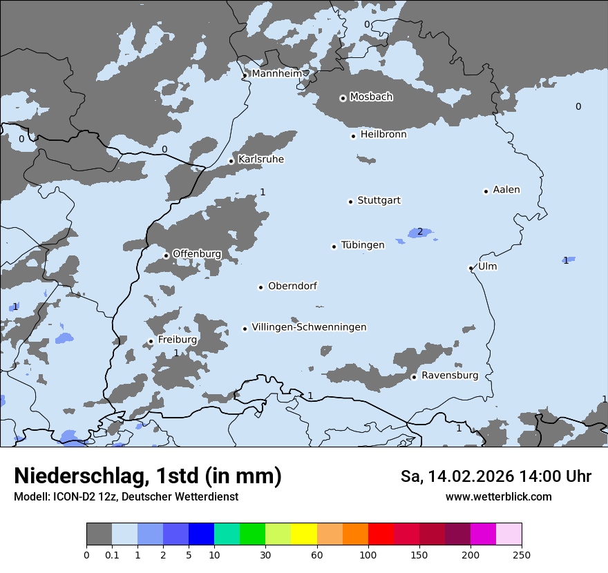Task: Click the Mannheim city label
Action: pos(276,73)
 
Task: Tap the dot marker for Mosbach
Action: pos(343,98)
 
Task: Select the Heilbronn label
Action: pos(383,135)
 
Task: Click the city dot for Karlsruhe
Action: pos(231,161)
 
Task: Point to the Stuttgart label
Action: pos(379,200)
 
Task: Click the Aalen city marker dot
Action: pos(486,191)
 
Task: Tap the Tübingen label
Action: pos(363,245)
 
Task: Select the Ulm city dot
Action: pos(471,268)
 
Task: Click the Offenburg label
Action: pos(197,254)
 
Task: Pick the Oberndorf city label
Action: pos(292,286)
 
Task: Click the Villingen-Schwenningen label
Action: pos(309,327)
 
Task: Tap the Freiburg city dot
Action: pos(151,341)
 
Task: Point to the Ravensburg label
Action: pos(450,376)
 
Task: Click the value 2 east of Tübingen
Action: pos(419,231)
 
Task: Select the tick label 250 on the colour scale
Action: pos(522,554)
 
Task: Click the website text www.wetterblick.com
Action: pos(498,497)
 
